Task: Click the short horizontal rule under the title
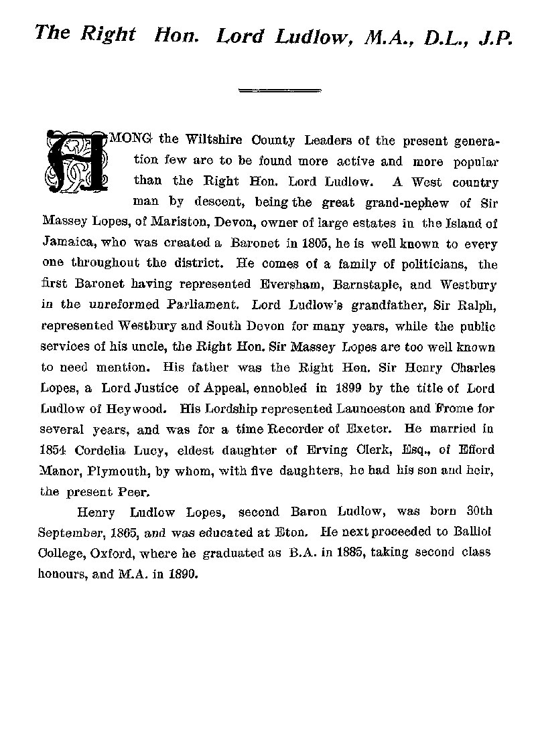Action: pyautogui.click(x=280, y=89)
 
